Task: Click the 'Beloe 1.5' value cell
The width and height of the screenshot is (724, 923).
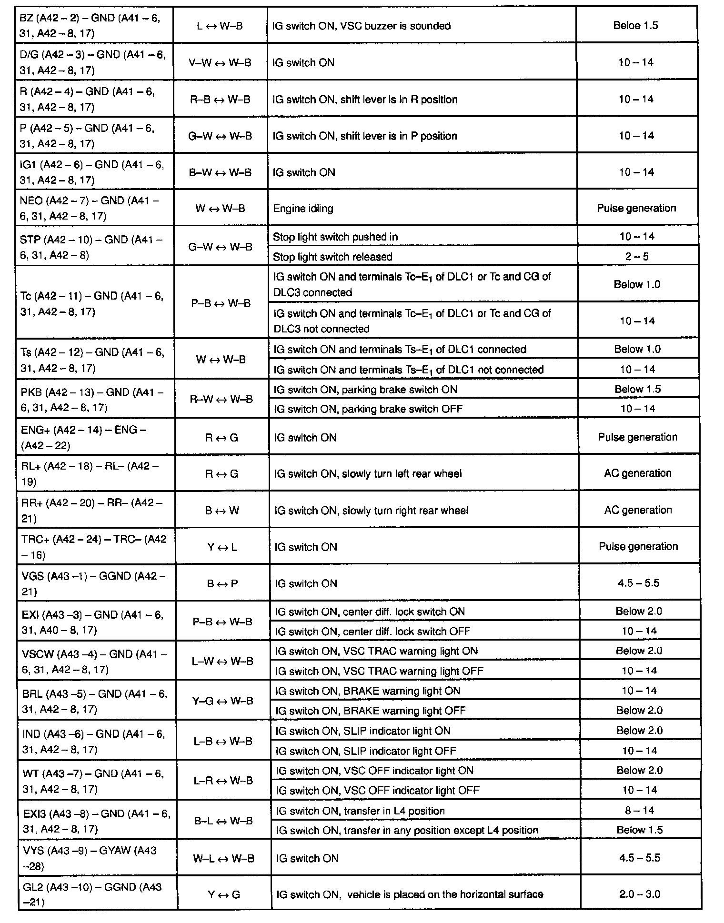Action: pyautogui.click(x=635, y=26)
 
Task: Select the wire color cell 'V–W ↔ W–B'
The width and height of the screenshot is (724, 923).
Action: pyautogui.click(x=220, y=63)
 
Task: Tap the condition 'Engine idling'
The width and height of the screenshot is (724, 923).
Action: pyautogui.click(x=303, y=209)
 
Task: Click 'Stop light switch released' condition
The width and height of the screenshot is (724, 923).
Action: pyautogui.click(x=332, y=257)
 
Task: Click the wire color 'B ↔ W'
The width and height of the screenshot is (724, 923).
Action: pyautogui.click(x=221, y=511)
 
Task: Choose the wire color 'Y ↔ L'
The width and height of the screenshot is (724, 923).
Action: pyautogui.click(x=222, y=547)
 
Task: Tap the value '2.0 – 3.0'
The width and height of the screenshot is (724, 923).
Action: pyautogui.click(x=639, y=894)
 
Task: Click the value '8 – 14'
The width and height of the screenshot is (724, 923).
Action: pyautogui.click(x=639, y=810)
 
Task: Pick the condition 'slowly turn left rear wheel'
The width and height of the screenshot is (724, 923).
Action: pyautogui.click(x=368, y=474)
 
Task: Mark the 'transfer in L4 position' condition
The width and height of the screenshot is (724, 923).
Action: pyautogui.click(x=360, y=811)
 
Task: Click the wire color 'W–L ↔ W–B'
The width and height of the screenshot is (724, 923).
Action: pyautogui.click(x=223, y=858)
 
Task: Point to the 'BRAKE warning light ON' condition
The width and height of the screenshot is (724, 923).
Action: pyautogui.click(x=368, y=691)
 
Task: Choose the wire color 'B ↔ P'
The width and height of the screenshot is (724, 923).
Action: pyautogui.click(x=222, y=584)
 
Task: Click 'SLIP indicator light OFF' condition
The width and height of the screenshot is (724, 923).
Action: pyautogui.click(x=366, y=751)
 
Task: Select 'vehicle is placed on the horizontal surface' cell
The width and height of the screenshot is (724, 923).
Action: pyautogui.click(x=410, y=894)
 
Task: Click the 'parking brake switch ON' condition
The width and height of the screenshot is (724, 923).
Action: pyautogui.click(x=365, y=390)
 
